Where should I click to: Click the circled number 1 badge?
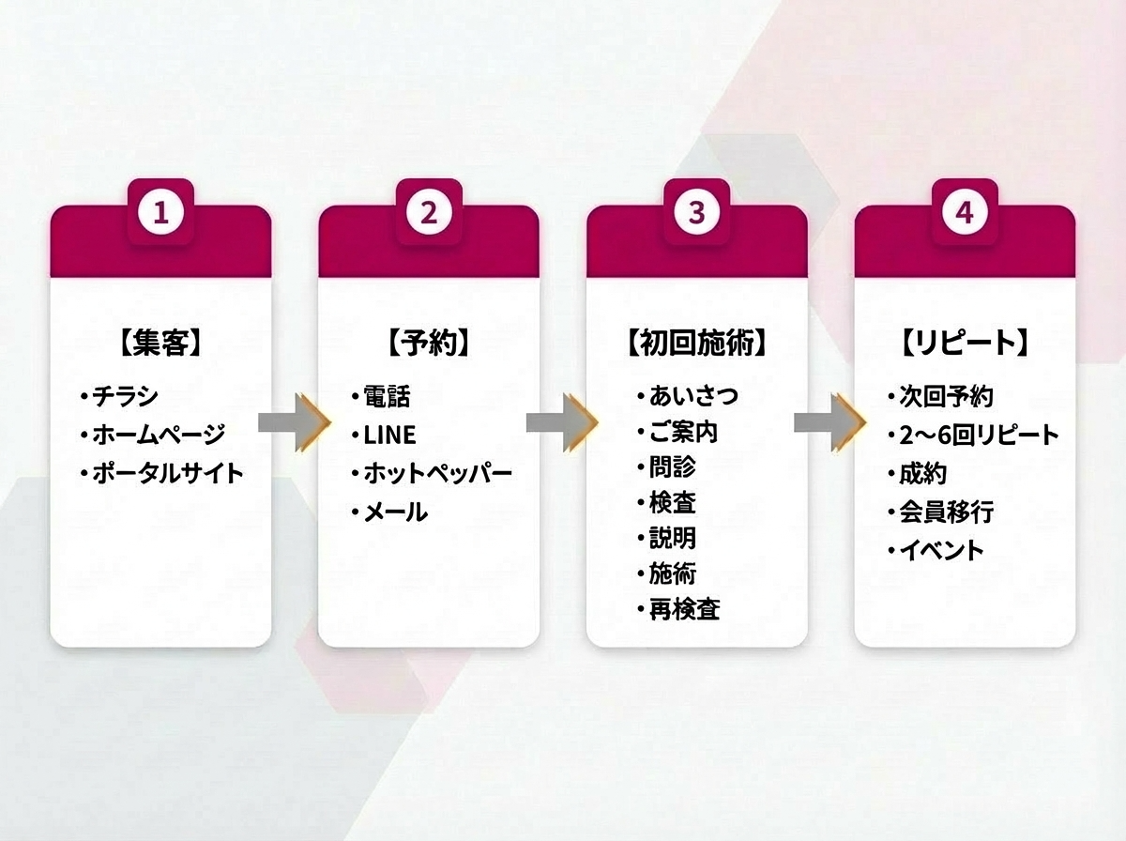[161, 213]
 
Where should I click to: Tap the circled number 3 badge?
[696, 213]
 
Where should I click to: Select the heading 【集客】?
[160, 344]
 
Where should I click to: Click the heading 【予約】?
[429, 344]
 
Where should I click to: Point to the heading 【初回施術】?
[696, 344]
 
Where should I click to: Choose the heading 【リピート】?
[965, 344]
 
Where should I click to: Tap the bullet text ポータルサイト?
[167, 472]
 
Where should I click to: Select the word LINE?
[389, 436]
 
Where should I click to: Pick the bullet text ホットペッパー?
[437, 473]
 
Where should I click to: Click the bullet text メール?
[395, 512]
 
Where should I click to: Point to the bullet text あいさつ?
[692, 396]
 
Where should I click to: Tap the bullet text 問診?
[672, 466]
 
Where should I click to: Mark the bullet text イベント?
[941, 550]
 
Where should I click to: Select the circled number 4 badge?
[964, 213]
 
